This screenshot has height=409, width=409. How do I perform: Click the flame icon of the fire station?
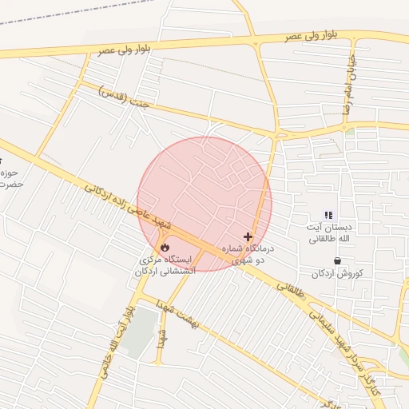[x=165, y=247]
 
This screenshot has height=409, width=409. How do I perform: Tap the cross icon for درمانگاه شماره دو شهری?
[x=248, y=237]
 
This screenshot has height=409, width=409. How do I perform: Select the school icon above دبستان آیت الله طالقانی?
[x=328, y=214]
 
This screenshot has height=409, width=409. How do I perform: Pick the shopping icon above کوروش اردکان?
[x=338, y=260]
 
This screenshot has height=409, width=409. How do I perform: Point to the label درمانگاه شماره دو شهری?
[x=252, y=255]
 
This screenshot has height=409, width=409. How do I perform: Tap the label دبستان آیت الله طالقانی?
[x=328, y=232]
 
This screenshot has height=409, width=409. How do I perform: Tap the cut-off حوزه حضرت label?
[x=10, y=179]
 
